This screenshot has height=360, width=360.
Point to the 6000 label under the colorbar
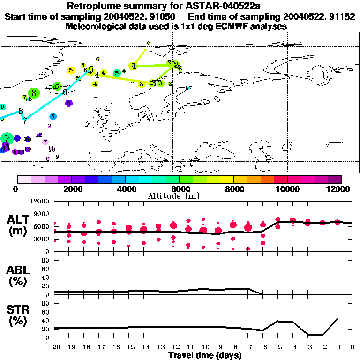(179, 189)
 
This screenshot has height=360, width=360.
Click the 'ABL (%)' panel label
(18, 276)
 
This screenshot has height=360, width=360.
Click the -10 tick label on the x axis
(203, 348)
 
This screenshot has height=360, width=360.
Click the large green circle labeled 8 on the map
(33, 93)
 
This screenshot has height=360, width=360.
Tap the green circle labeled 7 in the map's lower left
(6, 138)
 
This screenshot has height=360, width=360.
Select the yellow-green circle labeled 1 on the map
(134, 66)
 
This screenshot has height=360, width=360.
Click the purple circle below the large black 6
(68, 103)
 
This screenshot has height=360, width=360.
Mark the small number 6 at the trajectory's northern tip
(149, 43)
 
